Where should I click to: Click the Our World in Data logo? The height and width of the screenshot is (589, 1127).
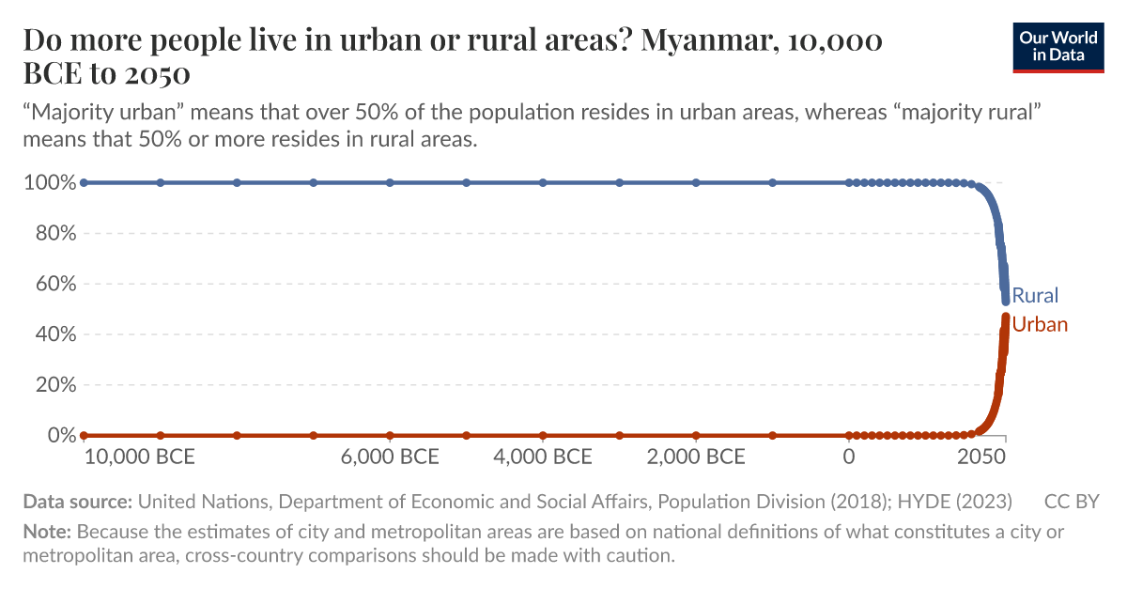click(1058, 46)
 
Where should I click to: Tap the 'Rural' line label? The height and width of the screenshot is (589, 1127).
click(1035, 296)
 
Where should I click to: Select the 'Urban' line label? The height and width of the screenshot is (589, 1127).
click(1040, 325)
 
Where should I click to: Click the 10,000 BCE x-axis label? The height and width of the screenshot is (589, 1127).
click(139, 457)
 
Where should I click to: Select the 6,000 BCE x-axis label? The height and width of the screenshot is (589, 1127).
click(390, 457)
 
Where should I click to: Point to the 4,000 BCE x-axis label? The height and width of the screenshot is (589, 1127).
click(543, 457)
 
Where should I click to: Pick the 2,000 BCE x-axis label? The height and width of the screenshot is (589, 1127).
click(696, 457)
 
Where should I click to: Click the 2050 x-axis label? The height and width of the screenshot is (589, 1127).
click(980, 457)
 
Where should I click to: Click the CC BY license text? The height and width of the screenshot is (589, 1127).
click(1071, 501)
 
